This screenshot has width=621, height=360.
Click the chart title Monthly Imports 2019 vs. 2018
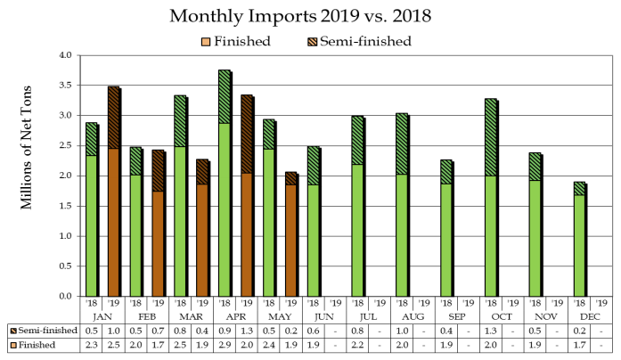point(310,16)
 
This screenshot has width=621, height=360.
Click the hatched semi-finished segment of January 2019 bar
point(113,118)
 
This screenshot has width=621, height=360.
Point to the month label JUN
point(325,316)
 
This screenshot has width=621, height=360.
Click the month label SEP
point(457,316)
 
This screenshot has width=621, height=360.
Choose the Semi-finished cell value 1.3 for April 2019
point(247,331)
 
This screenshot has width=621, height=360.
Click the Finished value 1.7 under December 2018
point(580,346)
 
